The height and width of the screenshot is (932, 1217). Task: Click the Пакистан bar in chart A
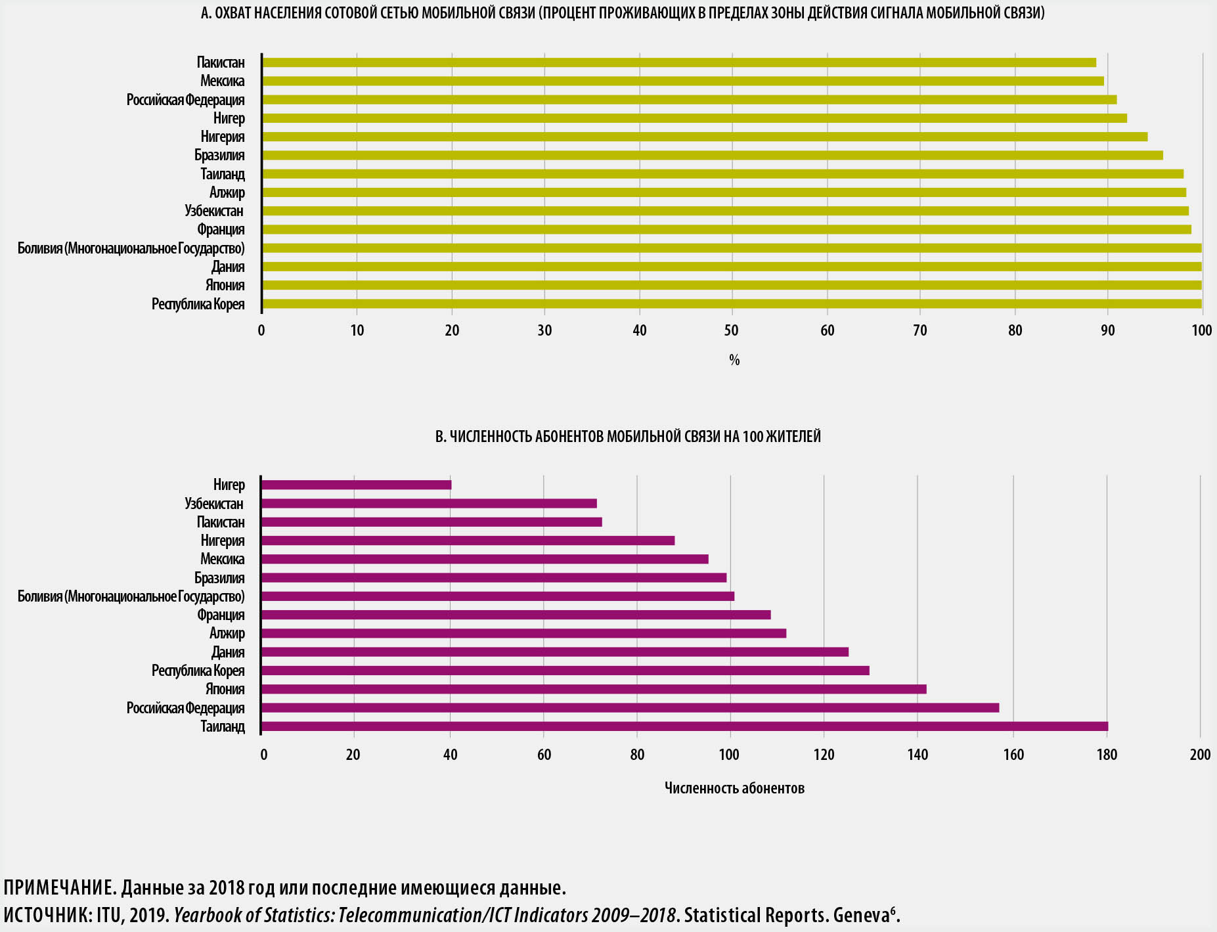click(678, 62)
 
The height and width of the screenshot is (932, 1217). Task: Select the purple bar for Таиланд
click(684, 726)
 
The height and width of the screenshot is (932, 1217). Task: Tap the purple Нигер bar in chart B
click(356, 485)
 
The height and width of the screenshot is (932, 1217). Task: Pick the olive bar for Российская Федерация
click(689, 100)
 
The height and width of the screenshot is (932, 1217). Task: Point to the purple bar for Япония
click(593, 689)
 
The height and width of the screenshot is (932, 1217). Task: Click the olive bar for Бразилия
click(712, 156)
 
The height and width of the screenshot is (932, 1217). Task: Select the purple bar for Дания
click(554, 652)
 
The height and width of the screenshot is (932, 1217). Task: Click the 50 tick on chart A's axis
click(731, 330)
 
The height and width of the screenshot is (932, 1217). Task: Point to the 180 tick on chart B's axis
click(1107, 755)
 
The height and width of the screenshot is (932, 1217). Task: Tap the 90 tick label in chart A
click(1108, 330)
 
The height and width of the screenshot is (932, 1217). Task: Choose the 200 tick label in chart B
click(1200, 755)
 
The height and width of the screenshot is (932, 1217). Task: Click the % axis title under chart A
click(734, 360)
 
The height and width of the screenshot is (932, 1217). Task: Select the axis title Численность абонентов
click(734, 788)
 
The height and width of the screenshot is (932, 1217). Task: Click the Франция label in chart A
click(221, 230)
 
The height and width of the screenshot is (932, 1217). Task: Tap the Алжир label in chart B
click(227, 634)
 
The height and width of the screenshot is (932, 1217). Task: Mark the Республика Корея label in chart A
click(198, 304)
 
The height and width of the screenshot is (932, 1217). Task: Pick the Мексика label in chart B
click(222, 560)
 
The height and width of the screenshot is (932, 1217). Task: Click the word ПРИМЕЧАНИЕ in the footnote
click(59, 889)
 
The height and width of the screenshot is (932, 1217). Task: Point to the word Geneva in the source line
click(861, 916)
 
